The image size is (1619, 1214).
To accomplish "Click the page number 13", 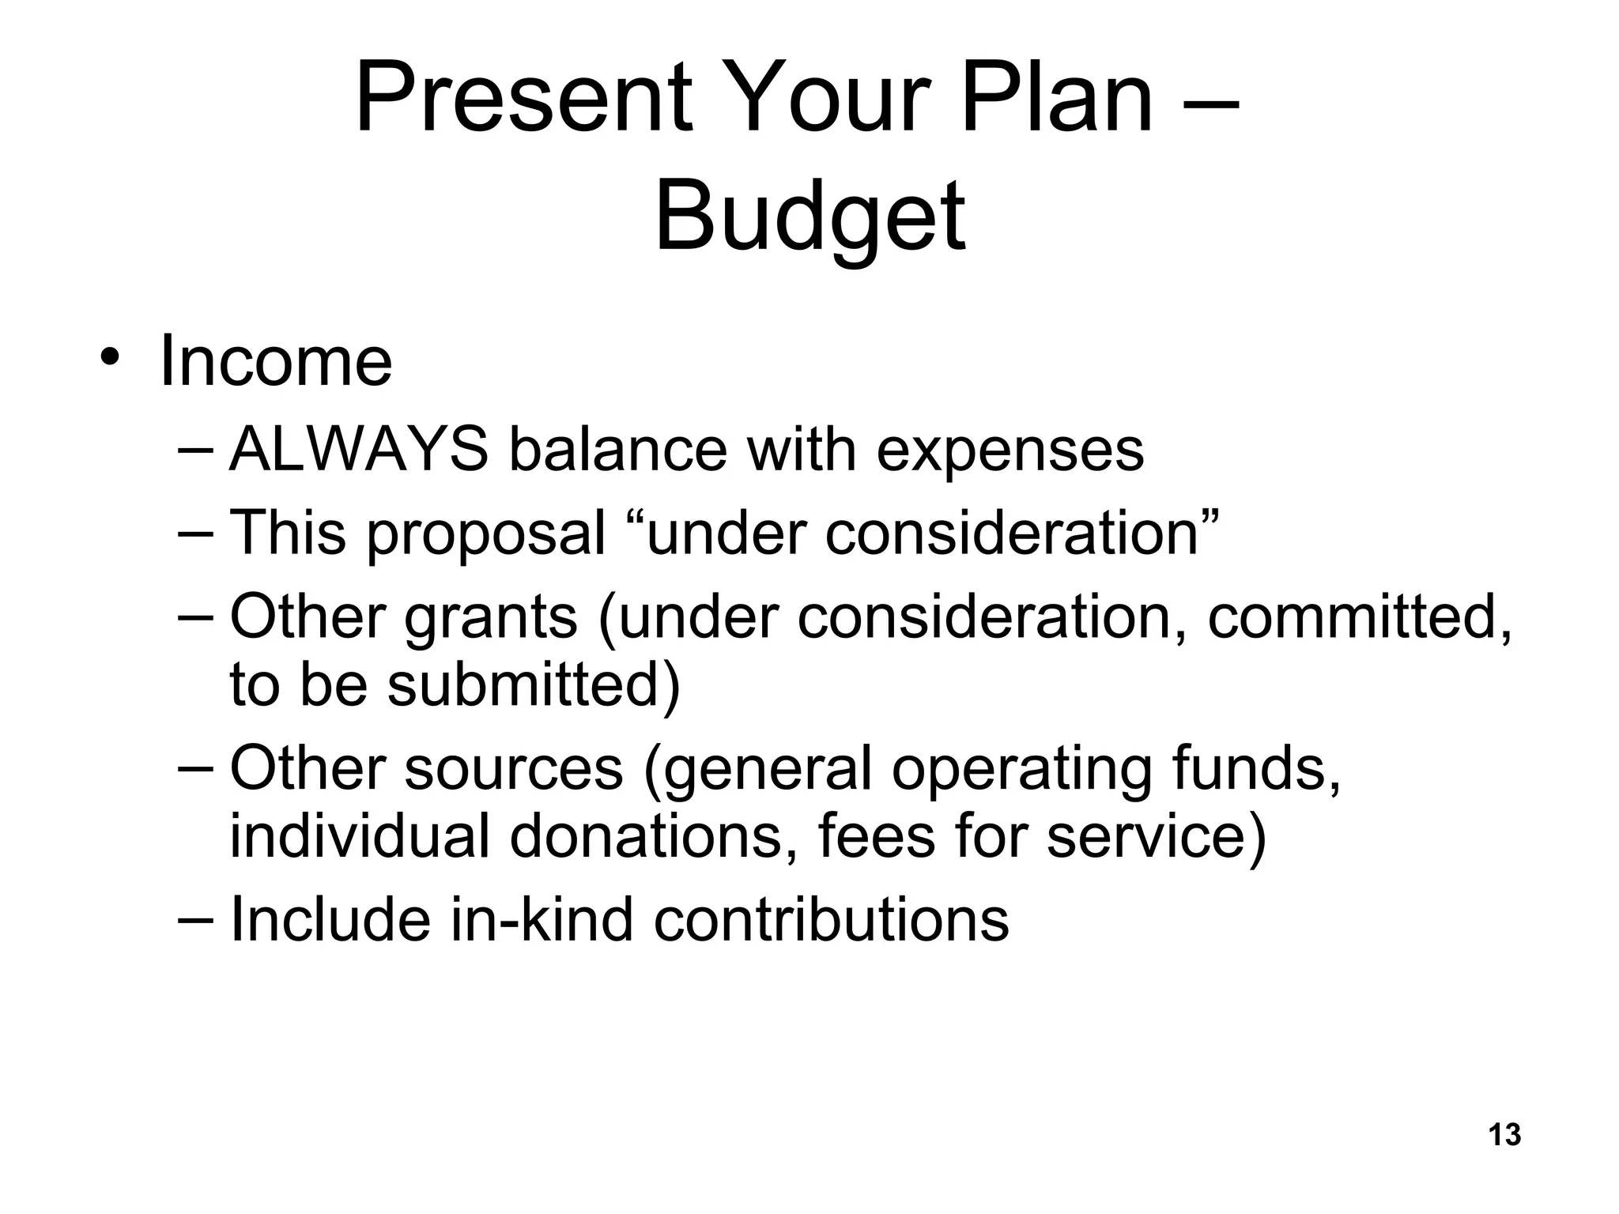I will [1504, 1134].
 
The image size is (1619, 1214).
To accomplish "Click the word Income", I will [275, 362].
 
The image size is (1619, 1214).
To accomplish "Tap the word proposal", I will [485, 533].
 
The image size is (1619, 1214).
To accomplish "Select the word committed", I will [1359, 617].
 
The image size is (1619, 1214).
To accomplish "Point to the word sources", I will [514, 768].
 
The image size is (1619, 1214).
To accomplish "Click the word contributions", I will [831, 920].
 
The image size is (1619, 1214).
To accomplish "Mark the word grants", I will [491, 619].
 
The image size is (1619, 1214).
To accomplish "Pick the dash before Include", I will [196, 918].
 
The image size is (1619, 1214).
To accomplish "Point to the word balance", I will [617, 450].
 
